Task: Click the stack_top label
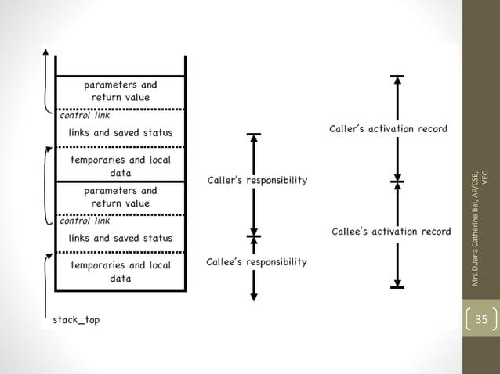[76, 319]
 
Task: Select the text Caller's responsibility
[256, 181]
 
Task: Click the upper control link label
[80, 115]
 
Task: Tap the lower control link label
[80, 221]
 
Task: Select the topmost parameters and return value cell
[120, 91]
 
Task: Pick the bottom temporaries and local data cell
[120, 272]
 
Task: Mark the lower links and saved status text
[120, 237]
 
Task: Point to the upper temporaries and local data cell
[120, 166]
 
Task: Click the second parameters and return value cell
[120, 196]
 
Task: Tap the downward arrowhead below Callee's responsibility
[253, 296]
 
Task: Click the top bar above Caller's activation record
[398, 77]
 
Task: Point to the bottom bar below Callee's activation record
[398, 287]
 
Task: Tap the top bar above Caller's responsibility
[253, 135]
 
